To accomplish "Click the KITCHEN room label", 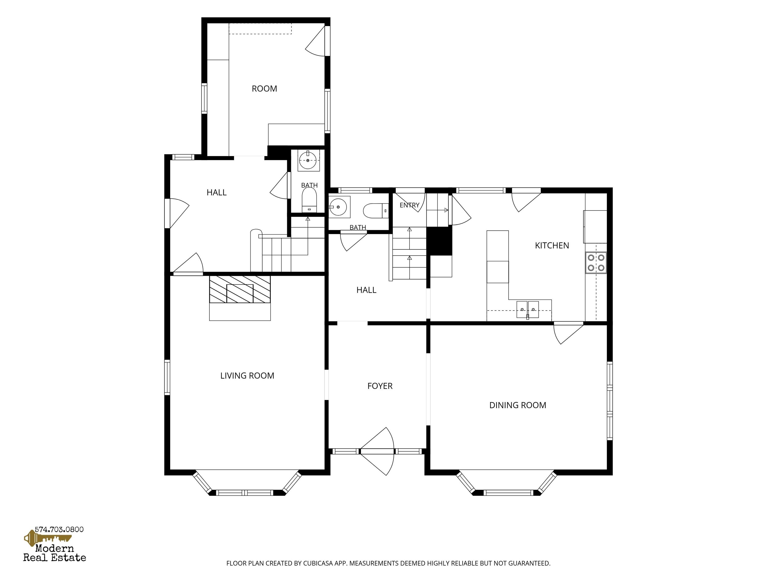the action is click(552, 246).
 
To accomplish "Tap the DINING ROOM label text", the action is click(518, 405).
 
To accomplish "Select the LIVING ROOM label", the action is click(247, 376).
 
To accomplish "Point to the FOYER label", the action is click(380, 386).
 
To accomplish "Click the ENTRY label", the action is click(409, 205).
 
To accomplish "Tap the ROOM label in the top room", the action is click(265, 89).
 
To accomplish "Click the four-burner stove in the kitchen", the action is click(596, 262).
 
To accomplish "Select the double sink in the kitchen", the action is click(528, 310).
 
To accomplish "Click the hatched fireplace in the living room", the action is click(240, 289).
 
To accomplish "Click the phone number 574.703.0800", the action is click(59, 530).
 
